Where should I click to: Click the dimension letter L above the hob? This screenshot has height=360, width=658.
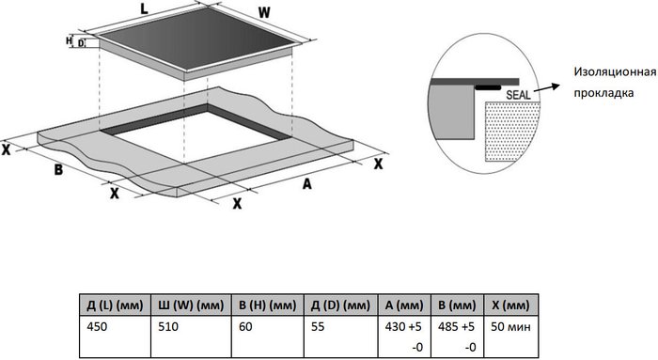coord(144,9)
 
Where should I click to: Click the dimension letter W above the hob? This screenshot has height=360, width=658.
coord(264,13)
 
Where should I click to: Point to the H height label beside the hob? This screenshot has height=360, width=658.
coord(69,40)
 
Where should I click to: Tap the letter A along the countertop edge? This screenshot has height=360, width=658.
coord(307,184)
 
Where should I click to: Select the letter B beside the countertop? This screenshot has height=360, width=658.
coord(58,170)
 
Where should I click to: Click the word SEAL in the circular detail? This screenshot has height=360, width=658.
coord(518,95)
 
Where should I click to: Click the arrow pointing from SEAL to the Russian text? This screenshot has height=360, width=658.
coord(547,88)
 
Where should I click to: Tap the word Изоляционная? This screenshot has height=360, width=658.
coord(615,71)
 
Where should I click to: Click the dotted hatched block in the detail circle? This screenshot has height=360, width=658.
coord(511,131)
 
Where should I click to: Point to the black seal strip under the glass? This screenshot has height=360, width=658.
coord(488,88)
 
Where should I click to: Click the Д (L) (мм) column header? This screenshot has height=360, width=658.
coord(115,305)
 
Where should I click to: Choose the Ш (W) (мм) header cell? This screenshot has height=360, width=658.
coord(191,305)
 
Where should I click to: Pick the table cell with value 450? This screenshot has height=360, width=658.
coord(97,326)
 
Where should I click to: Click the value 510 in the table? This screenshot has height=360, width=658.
coord(168,326)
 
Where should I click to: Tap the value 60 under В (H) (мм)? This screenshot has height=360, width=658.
coord(245,326)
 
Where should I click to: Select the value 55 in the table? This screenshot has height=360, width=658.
coord(318,326)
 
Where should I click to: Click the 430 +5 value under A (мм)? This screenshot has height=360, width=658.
coord(403,326)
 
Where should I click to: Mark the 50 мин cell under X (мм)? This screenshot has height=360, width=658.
coord(510,326)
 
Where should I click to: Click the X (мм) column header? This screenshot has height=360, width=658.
coord(511,305)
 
